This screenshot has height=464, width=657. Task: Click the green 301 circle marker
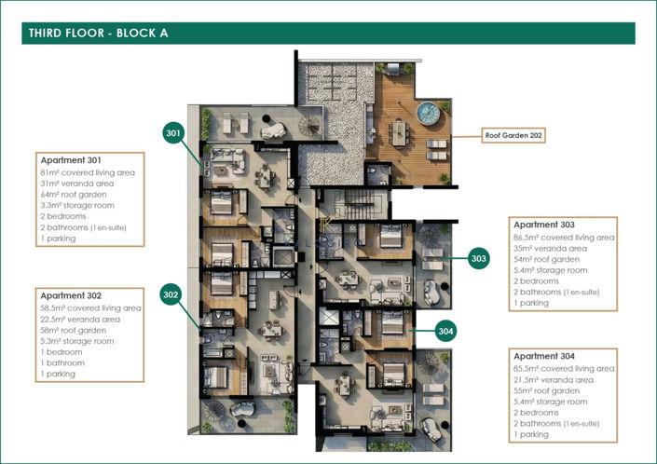point(172,134)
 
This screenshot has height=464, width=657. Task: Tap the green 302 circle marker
point(171,295)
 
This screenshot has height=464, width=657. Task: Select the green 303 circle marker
point(479,258)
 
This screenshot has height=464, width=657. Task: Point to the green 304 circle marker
point(445,332)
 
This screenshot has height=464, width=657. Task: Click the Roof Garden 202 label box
point(513,135)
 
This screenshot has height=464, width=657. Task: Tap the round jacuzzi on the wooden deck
point(429,114)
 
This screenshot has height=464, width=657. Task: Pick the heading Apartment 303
point(543,225)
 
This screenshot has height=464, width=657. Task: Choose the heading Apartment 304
point(543,357)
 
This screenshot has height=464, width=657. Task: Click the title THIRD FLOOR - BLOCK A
point(98,34)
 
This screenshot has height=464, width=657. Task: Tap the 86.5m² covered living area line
point(564,237)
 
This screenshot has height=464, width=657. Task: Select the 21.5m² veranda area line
point(550,379)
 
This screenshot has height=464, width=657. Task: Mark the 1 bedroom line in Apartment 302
point(62,352)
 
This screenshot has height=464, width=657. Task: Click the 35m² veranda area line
point(550,248)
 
